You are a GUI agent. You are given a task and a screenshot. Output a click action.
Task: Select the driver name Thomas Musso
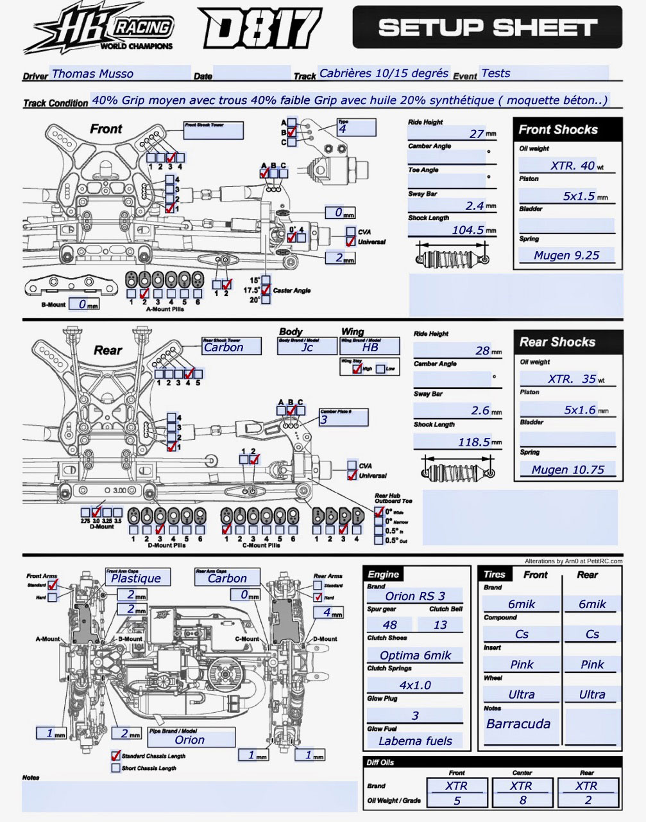[x=93, y=73]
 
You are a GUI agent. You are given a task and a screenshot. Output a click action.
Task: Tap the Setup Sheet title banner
[x=487, y=28]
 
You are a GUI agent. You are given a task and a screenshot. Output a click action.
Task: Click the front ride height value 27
[x=476, y=134]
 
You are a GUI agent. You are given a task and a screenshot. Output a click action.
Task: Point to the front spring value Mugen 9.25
[x=566, y=255]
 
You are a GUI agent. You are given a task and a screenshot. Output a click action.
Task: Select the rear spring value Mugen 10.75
[x=568, y=469]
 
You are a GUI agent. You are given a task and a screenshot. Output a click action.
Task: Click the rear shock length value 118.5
[x=474, y=442]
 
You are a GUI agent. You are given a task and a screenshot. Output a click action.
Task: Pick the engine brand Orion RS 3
[x=415, y=595]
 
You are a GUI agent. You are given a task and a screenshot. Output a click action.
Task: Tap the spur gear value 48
[x=389, y=624]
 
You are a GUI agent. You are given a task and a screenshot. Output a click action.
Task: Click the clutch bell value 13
[x=440, y=624]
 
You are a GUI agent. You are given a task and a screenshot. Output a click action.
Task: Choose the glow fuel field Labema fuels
[x=415, y=740]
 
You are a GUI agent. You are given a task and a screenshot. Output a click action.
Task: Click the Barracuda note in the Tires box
[x=518, y=724]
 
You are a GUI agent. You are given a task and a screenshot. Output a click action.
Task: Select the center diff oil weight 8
[x=522, y=800]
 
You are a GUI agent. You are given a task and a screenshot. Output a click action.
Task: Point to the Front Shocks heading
[x=558, y=130]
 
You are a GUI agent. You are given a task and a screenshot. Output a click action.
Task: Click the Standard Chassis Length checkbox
[x=116, y=756]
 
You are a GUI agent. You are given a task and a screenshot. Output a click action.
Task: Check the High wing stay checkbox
[x=357, y=369]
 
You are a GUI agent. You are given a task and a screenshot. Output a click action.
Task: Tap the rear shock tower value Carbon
[x=224, y=347]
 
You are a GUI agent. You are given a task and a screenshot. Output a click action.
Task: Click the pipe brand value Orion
[x=190, y=740]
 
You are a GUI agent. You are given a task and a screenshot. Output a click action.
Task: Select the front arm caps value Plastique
[x=136, y=578]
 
